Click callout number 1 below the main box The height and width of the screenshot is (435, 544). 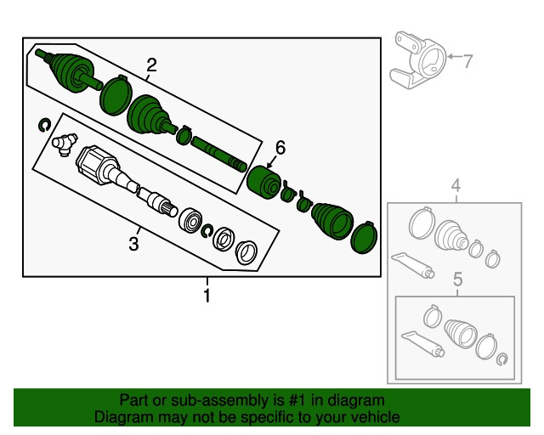(206, 297)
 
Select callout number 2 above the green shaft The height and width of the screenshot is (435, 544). (152, 65)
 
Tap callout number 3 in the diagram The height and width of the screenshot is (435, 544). (133, 246)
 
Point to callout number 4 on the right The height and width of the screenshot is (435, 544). (456, 186)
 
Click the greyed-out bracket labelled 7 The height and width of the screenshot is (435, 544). (417, 60)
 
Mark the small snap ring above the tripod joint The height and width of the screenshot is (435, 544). (44, 127)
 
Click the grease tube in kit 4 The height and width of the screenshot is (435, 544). (413, 263)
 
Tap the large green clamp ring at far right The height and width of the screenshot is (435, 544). (365, 237)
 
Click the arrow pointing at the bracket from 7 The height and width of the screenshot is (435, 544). (451, 59)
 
